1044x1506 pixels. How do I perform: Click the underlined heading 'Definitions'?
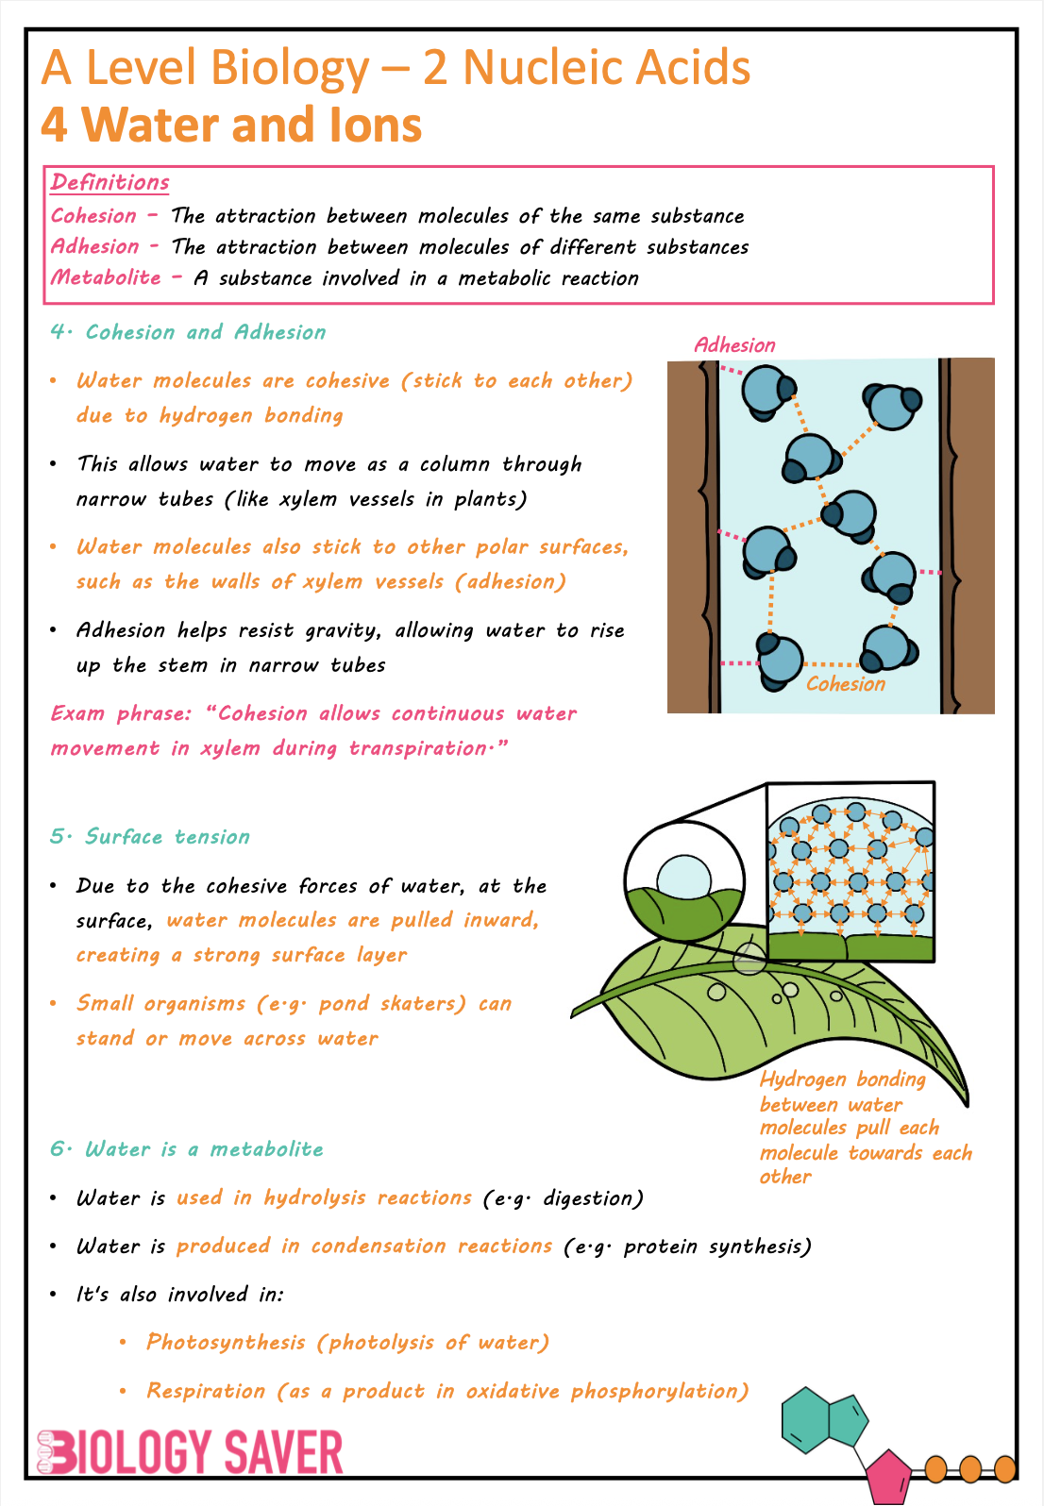(110, 182)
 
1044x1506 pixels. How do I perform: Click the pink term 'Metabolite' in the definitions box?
(106, 277)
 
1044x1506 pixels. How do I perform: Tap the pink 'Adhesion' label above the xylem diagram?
(734, 345)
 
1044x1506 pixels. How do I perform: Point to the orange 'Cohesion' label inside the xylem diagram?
(846, 684)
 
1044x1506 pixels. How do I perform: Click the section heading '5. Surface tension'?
(150, 837)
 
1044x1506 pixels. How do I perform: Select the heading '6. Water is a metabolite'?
(187, 1149)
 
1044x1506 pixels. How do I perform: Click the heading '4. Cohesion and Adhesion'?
(188, 332)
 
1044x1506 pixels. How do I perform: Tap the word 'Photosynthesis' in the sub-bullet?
(226, 1342)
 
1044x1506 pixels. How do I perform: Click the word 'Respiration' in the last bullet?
(206, 1391)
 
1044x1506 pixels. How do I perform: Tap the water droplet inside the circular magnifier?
(683, 878)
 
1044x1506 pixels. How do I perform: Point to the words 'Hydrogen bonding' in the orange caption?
(842, 1079)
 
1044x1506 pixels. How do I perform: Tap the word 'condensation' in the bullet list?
(378, 1246)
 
